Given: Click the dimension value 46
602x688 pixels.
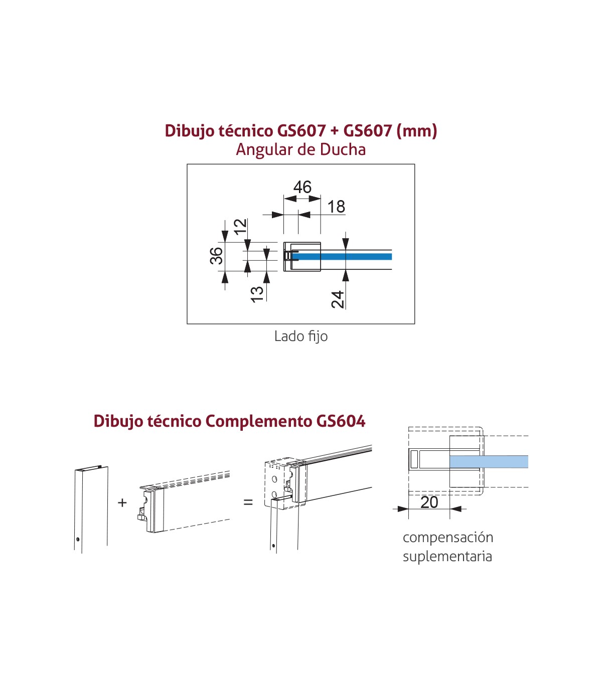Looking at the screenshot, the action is click(x=303, y=187).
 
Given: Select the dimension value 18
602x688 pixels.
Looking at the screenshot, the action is click(x=336, y=207).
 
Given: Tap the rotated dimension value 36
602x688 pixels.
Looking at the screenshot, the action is click(x=216, y=256).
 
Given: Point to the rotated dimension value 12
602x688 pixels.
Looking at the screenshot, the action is click(x=240, y=227).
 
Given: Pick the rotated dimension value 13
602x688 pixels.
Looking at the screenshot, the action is click(x=257, y=294).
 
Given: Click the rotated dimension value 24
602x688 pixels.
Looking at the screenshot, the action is click(x=338, y=299).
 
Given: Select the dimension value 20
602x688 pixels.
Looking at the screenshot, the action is click(x=429, y=502).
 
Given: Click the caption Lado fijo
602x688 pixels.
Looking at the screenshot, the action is click(x=301, y=336).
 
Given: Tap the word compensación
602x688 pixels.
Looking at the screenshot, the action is click(x=448, y=538).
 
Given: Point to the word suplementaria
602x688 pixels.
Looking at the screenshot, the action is click(x=447, y=556).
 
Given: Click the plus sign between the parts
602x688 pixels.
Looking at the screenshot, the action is click(x=122, y=502).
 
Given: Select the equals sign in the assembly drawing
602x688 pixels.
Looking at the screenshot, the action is click(x=248, y=502).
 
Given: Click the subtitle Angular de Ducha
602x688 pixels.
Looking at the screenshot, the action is click(x=300, y=149).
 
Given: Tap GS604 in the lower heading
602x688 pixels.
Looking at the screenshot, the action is click(x=341, y=421).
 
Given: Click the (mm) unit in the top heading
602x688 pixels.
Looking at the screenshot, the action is click(x=417, y=131).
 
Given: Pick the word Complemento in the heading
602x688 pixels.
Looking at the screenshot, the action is click(x=259, y=422).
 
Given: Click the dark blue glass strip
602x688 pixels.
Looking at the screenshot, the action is click(x=342, y=257).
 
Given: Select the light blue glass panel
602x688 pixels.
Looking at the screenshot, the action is click(x=489, y=462).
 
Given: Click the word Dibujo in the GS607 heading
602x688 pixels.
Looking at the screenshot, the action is click(x=189, y=131).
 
